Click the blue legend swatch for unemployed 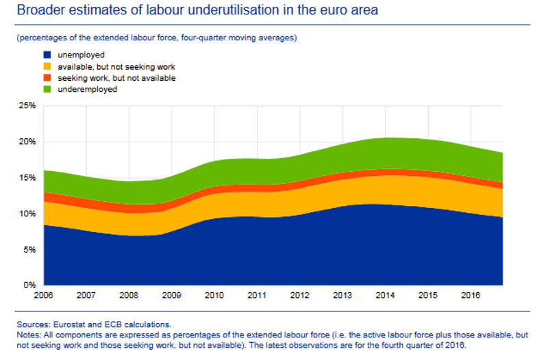pyautogui.click(x=48, y=55)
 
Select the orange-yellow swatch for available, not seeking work pyautogui.click(x=48, y=66)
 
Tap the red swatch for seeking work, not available pyautogui.click(x=48, y=78)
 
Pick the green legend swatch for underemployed pyautogui.click(x=48, y=90)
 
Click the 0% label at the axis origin pyautogui.click(x=29, y=285)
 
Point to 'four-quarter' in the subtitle pyautogui.click(x=191, y=38)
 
